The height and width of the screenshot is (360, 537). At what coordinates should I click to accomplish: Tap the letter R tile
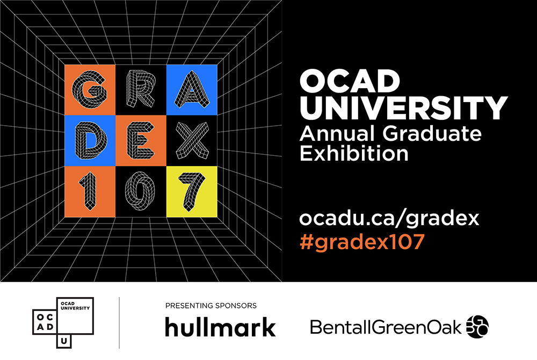point(140,89)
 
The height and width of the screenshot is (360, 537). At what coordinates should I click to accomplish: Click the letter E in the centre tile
point(140,140)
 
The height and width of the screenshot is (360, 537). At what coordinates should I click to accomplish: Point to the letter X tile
point(192,140)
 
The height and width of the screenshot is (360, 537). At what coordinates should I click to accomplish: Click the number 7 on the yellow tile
point(192,192)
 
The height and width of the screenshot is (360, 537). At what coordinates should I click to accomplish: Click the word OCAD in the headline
point(350,81)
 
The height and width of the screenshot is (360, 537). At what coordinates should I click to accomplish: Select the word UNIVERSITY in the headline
point(403,108)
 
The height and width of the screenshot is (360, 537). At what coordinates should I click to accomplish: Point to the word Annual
point(337,134)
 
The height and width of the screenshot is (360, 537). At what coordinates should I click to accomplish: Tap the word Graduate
point(432,134)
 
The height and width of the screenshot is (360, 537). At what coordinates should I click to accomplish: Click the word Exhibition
point(354,153)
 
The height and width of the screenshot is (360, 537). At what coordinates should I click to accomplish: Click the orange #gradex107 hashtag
point(362,241)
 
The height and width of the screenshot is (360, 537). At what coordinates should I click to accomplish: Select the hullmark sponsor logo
point(220,327)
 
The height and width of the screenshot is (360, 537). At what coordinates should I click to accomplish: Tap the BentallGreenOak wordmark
point(386,327)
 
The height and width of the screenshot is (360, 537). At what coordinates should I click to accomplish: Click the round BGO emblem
point(478,327)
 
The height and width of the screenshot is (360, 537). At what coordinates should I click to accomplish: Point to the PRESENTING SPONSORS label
point(211,306)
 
